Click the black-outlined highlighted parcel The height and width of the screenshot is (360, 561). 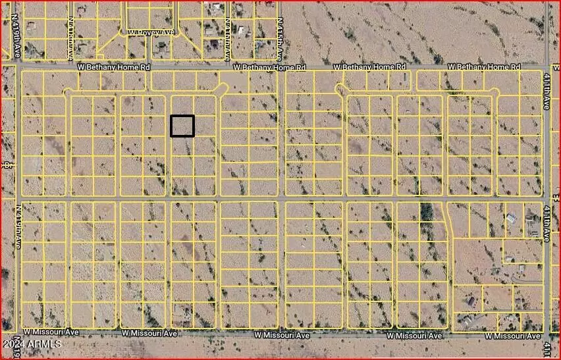click(182, 126)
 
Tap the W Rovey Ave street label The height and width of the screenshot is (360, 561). click(151, 32)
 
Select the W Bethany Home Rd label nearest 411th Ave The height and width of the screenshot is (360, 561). click(484, 67)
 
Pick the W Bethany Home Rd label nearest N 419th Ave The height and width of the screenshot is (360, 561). click(114, 67)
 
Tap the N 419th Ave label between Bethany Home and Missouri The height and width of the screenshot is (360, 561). click(18, 226)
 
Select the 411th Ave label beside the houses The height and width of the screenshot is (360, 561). click(547, 224)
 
